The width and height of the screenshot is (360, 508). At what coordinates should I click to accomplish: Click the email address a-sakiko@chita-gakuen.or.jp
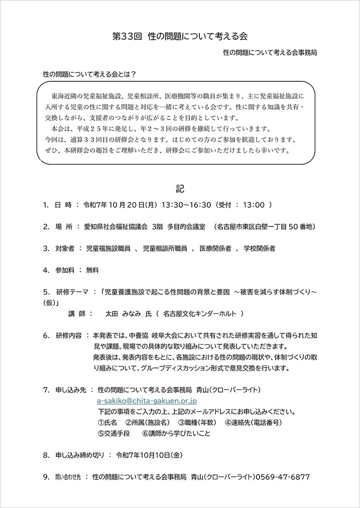tap(147, 402)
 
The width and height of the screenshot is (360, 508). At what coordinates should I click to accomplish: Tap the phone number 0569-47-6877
tap(283, 477)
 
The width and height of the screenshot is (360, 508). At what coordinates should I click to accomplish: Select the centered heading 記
tap(180, 189)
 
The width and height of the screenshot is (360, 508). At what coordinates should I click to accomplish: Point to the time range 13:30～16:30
tap(186, 205)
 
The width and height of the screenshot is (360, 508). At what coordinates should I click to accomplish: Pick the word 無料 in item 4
tap(92, 270)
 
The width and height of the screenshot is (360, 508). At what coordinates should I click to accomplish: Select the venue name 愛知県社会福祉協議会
tap(115, 226)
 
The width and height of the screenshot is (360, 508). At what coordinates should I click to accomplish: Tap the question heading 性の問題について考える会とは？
tap(90, 74)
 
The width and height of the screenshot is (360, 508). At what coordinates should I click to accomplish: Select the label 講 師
tap(79, 313)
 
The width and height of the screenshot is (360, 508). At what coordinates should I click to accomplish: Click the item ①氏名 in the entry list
tap(107, 422)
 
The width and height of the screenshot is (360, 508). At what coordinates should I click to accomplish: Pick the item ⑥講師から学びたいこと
tap(176, 433)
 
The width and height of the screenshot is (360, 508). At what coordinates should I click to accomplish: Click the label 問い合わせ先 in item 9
tap(67, 477)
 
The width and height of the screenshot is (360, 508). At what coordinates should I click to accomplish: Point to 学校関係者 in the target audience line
tap(260, 248)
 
